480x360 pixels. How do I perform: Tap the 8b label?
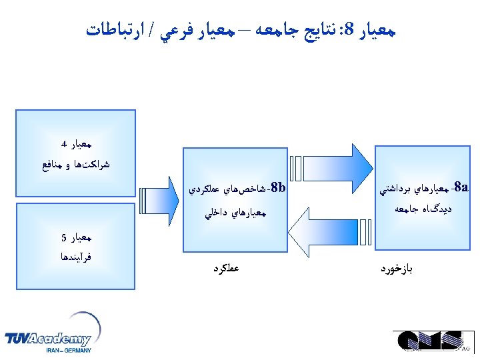point(279,188)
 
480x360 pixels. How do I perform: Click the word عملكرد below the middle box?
point(226,269)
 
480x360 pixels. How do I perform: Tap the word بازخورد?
point(397,269)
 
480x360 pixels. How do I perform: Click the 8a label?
point(459,187)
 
